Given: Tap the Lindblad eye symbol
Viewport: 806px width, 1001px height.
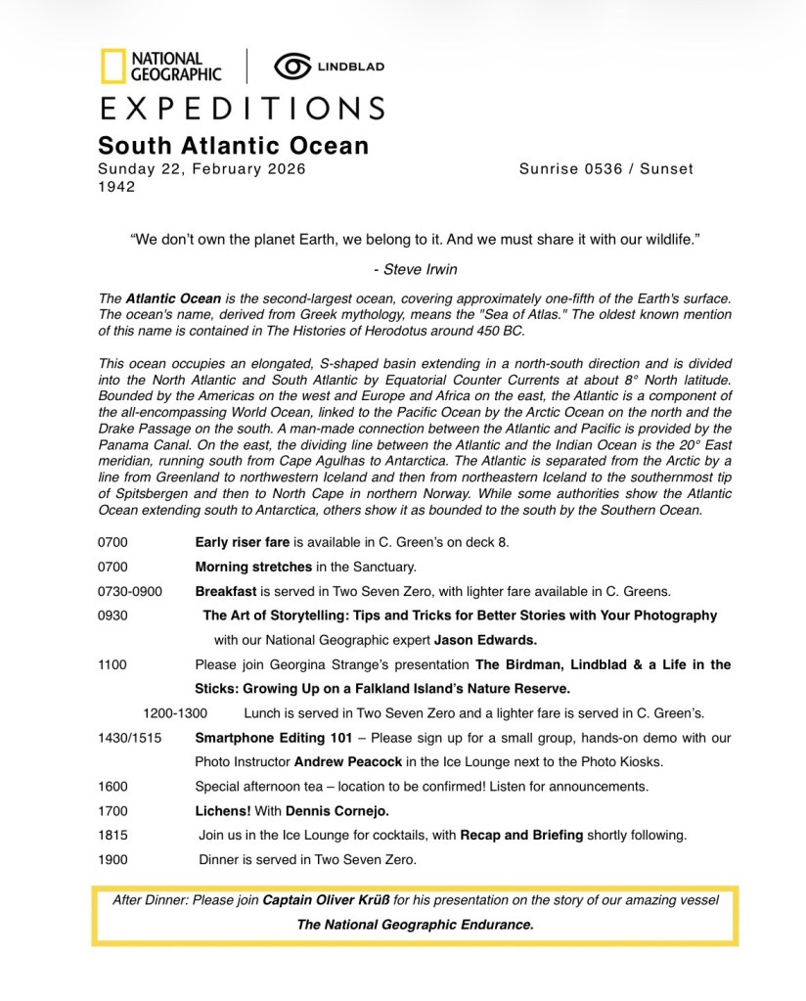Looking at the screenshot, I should [291, 66].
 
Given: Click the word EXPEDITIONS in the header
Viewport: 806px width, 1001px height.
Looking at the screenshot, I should [241, 107].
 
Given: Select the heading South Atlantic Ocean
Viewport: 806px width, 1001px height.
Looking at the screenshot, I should [233, 146].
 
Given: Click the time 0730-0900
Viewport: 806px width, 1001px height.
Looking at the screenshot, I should [130, 591].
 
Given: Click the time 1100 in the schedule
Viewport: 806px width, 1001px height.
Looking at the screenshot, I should [112, 664].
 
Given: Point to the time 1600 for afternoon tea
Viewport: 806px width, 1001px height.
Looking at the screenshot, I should [112, 786].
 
